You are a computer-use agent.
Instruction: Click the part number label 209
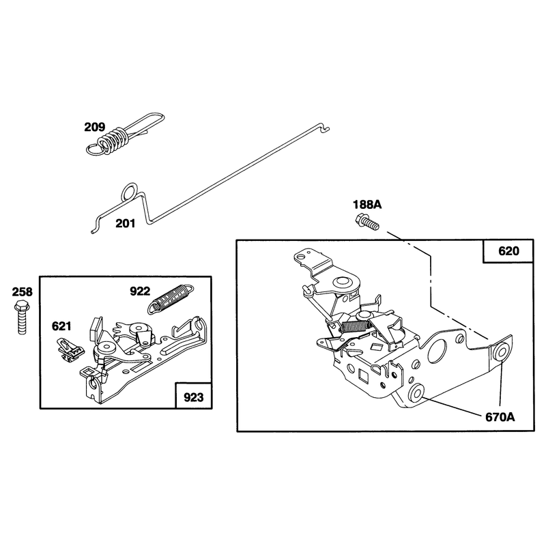pos(94,127)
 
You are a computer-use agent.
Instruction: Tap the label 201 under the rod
pos(126,223)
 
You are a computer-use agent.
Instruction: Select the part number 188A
pos(367,204)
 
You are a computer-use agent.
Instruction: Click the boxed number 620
pos(508,251)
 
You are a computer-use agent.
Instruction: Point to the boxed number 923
pos(193,397)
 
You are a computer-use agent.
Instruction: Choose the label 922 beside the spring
pos(140,291)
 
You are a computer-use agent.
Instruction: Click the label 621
pos(61,326)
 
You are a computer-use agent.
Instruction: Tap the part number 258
pos(23,292)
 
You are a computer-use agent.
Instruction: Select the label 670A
pos(500,417)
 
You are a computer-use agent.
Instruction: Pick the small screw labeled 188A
pos(367,222)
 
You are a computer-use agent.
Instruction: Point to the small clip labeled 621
pos(70,350)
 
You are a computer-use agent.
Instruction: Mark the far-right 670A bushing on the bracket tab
pos(500,353)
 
